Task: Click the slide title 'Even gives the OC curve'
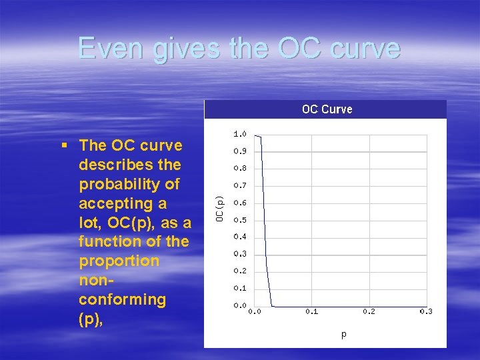[239, 49]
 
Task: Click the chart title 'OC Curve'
[327, 109]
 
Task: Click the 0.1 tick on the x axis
[311, 311]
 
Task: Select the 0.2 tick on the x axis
[369, 311]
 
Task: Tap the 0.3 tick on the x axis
[425, 311]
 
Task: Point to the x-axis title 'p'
[343, 335]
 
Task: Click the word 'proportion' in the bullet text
[119, 261]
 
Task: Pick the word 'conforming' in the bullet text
[122, 299]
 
